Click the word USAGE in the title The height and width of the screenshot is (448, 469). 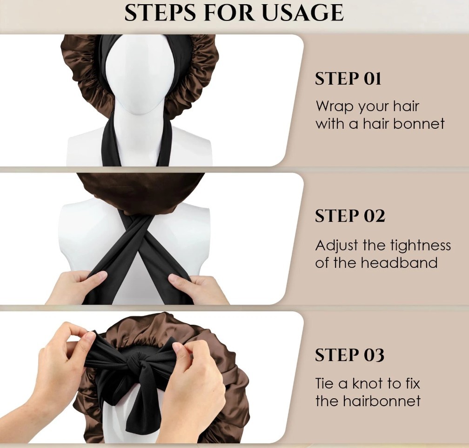point(303,13)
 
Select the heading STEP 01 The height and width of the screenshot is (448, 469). point(348,79)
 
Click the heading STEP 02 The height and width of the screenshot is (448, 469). point(350,216)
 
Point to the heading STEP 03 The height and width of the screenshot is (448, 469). point(349,354)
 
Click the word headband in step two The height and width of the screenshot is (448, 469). point(399,262)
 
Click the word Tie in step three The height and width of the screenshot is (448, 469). point(324,383)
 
